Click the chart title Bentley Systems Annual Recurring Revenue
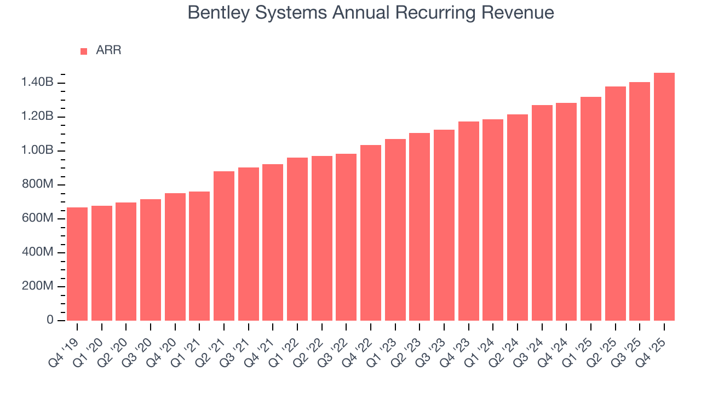pyautogui.click(x=371, y=12)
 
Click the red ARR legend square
pyautogui.click(x=84, y=51)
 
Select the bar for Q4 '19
pyautogui.click(x=77, y=264)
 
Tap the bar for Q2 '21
pyautogui.click(x=224, y=246)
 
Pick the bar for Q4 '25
pyautogui.click(x=664, y=196)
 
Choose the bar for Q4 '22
pyautogui.click(x=371, y=233)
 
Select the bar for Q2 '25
pyautogui.click(x=615, y=203)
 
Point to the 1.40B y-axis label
pyautogui.click(x=37, y=83)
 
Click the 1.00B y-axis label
pyautogui.click(x=37, y=150)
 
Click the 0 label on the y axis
pyautogui.click(x=50, y=320)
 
